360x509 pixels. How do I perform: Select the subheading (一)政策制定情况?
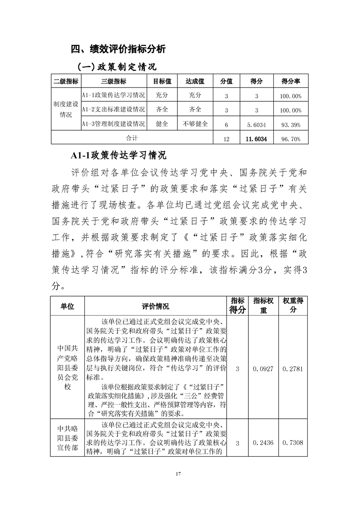[x=117, y=67]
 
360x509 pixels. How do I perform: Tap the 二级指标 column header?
[x=66, y=81]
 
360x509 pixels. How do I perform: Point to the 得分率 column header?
[x=291, y=81]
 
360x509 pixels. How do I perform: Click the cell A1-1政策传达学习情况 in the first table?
[x=113, y=95]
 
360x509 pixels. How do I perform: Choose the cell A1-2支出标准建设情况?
[x=113, y=109]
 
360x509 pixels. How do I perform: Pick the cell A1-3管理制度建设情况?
[x=113, y=124]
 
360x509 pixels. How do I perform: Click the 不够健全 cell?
[x=195, y=124]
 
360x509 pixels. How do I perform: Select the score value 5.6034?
[x=256, y=124]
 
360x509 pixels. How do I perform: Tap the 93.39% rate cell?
[x=291, y=124]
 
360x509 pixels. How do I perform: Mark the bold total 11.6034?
[x=256, y=138]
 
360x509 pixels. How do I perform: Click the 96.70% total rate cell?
[x=291, y=138]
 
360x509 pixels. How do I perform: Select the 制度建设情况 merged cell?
[x=66, y=109]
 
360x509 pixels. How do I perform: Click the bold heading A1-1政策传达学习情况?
[x=118, y=155]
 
